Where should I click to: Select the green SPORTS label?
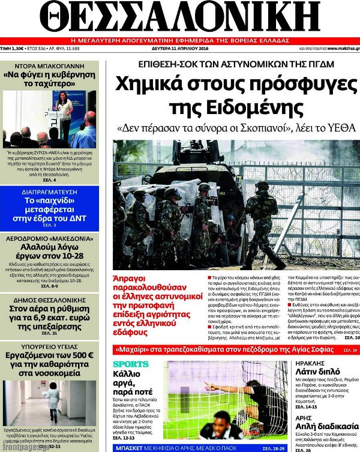coord(131,364)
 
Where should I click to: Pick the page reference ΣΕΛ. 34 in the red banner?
coord(350,350)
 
